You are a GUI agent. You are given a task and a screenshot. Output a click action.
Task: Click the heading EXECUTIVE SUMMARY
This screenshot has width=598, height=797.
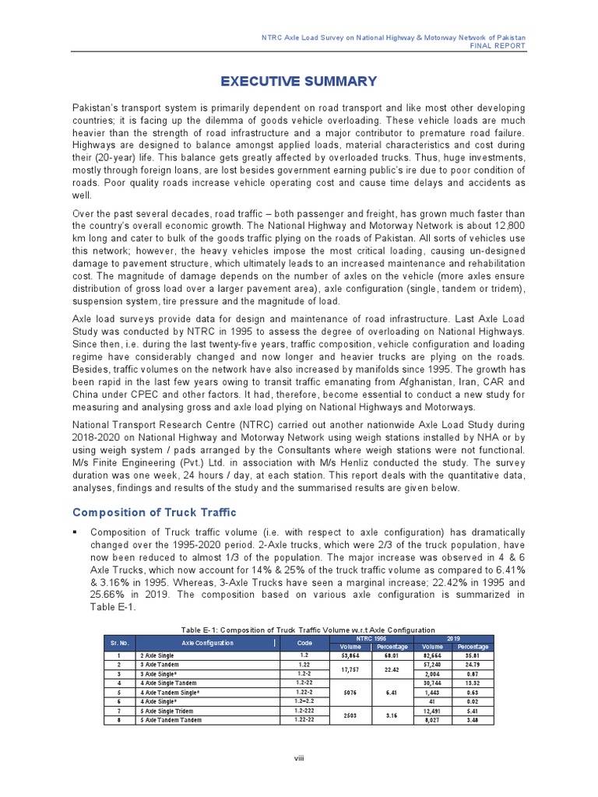tap(299, 82)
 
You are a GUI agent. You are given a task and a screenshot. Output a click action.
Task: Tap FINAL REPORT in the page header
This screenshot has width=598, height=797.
tap(498, 46)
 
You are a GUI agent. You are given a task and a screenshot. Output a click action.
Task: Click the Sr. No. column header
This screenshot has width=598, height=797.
tap(114, 643)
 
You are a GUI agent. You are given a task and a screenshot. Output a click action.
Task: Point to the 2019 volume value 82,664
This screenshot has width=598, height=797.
tap(432, 655)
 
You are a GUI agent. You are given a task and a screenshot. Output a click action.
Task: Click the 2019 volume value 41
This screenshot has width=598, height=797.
tap(432, 701)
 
